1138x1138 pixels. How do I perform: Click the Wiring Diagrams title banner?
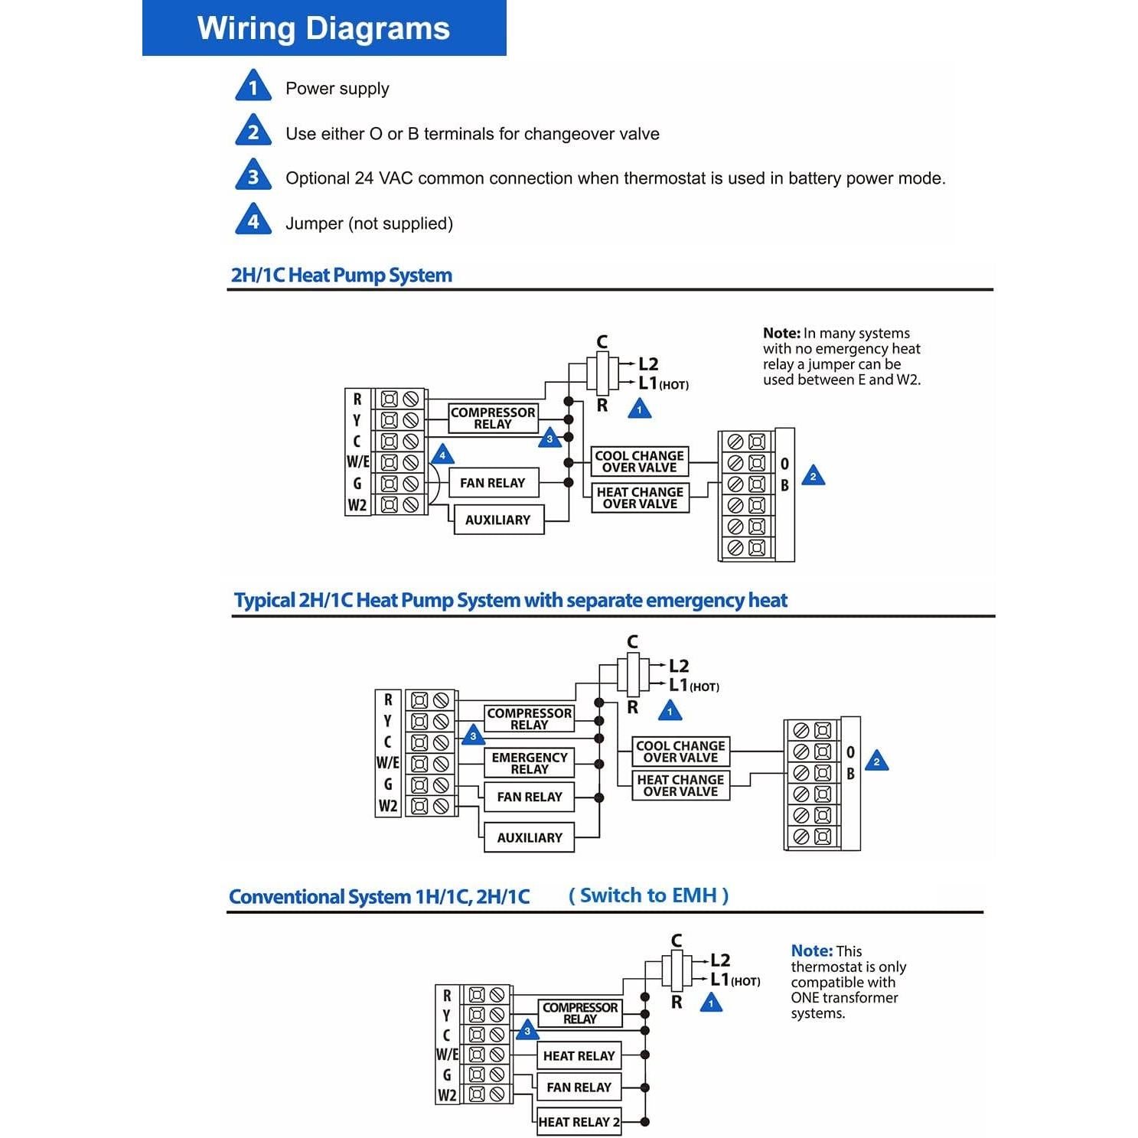[x=324, y=28]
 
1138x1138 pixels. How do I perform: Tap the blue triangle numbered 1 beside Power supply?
[x=253, y=87]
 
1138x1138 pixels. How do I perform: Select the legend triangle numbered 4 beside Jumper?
[x=253, y=221]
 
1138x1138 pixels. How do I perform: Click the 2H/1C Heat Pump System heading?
[x=341, y=276]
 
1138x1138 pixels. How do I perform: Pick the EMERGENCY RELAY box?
[x=529, y=763]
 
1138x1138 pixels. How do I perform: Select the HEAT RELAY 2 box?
[x=579, y=1122]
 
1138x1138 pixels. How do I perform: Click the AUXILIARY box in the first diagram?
[x=498, y=520]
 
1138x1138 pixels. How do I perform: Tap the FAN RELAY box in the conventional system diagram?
[x=579, y=1087]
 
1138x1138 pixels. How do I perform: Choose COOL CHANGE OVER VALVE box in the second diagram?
[x=680, y=752]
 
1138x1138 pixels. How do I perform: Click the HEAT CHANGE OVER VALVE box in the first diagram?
[x=640, y=498]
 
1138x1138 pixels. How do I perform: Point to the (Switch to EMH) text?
[x=648, y=895]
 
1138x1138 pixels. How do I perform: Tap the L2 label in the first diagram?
[x=648, y=364]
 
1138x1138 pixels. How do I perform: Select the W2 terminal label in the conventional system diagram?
[x=447, y=1095]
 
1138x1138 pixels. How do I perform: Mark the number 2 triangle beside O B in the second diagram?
[x=876, y=761]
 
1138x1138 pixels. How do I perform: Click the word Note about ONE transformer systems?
[x=811, y=951]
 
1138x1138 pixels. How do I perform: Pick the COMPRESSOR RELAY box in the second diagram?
[x=529, y=719]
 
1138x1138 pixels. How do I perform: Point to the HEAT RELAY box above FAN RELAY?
[x=579, y=1056]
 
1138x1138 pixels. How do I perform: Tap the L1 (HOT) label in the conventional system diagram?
[x=733, y=980]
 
